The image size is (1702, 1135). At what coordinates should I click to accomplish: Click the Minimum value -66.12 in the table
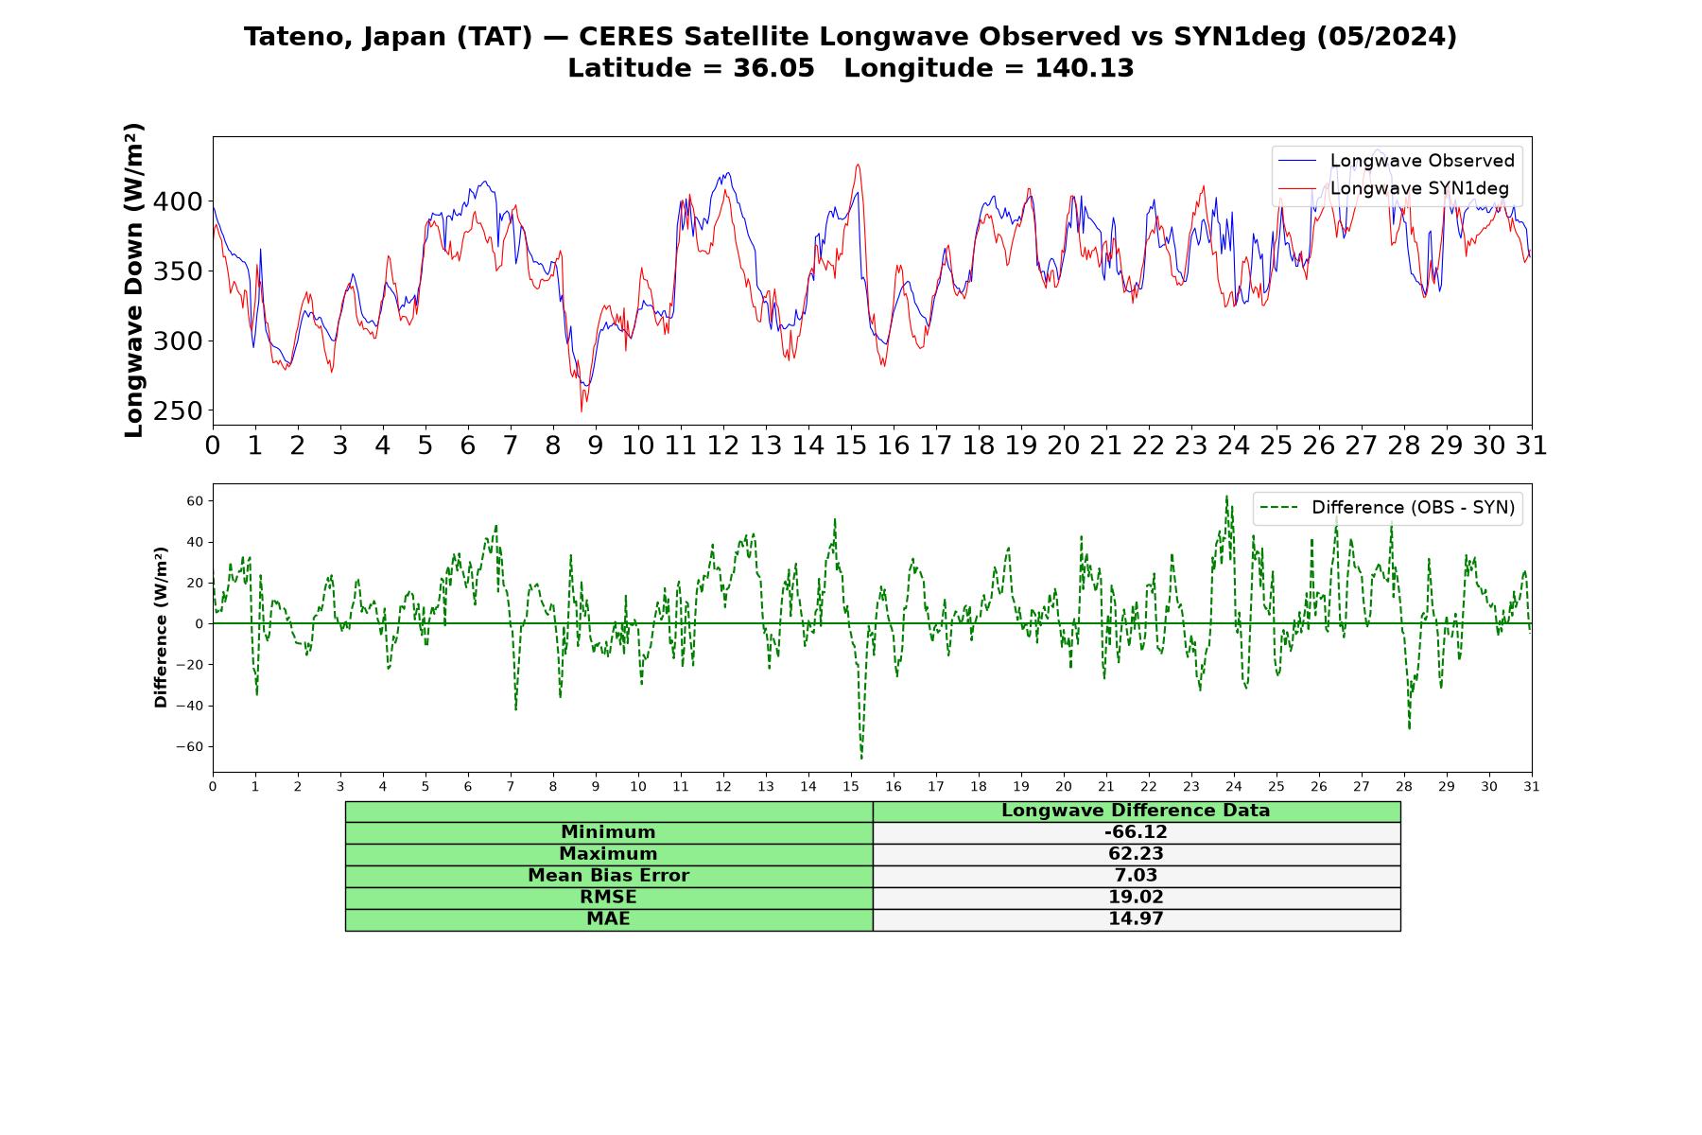(1136, 832)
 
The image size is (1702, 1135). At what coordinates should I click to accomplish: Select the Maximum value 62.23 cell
(1136, 854)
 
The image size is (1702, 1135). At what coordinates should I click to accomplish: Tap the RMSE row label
(608, 898)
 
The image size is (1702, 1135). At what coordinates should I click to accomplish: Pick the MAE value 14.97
(1136, 919)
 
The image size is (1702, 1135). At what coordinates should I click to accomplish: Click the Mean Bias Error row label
(608, 876)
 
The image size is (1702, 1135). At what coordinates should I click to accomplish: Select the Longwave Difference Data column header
(1136, 811)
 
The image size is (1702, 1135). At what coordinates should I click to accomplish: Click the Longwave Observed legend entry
(1396, 161)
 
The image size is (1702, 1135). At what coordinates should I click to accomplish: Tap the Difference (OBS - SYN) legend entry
(1387, 508)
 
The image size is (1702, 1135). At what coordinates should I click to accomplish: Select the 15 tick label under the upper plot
(851, 445)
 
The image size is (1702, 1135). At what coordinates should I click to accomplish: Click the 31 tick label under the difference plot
(1532, 787)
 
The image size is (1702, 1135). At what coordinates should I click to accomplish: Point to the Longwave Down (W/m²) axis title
(134, 280)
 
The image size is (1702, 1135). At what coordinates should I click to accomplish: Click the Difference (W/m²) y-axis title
(161, 627)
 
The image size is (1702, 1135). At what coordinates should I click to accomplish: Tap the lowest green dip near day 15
(861, 759)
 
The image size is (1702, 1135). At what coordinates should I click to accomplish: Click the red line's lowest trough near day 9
(582, 411)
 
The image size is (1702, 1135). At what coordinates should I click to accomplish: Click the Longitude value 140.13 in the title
(1085, 68)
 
